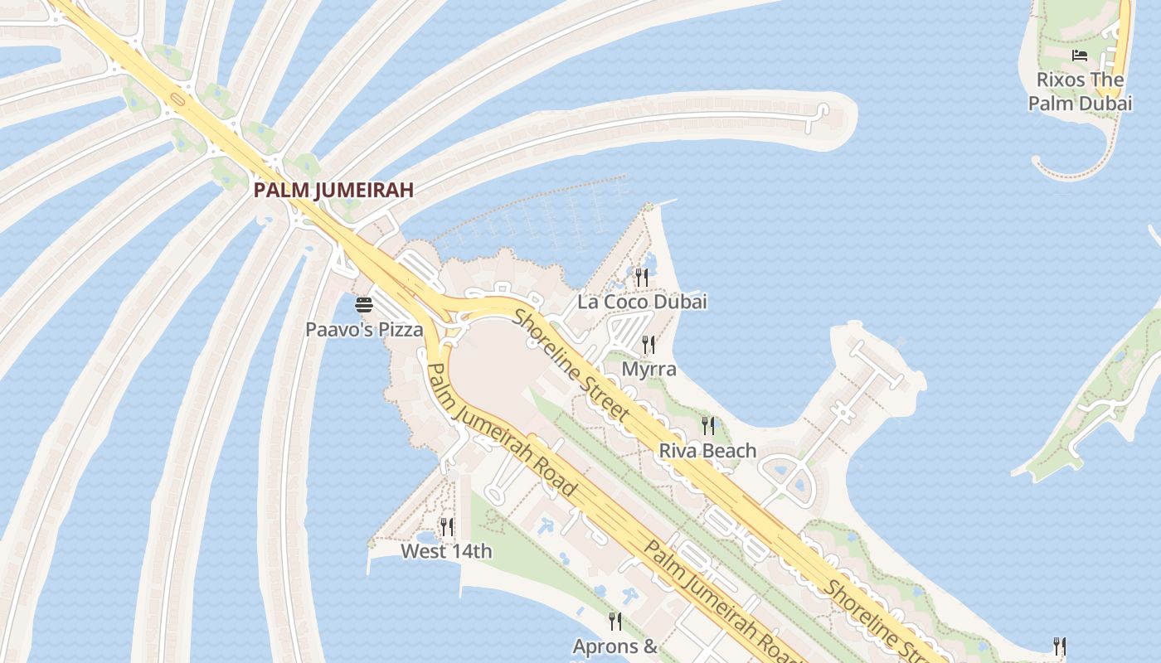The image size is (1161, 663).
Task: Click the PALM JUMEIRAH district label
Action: point(333,190)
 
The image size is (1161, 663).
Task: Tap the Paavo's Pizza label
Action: point(364,329)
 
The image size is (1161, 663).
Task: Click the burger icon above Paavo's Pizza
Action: point(364,305)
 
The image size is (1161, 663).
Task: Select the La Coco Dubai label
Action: point(642,302)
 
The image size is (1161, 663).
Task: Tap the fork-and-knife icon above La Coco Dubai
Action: point(641,276)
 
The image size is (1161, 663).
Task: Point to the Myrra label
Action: point(649,369)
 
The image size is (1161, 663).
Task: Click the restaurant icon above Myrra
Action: point(649,344)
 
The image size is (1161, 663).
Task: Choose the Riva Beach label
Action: point(707,451)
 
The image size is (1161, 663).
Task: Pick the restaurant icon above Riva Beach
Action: point(708,426)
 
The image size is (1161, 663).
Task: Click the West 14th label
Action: point(446,551)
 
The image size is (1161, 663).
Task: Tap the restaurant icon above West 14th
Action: point(447,526)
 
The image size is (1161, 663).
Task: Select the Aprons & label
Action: point(615,646)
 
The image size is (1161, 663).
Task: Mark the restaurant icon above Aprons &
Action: point(615,621)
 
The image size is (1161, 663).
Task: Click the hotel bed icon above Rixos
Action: point(1080,56)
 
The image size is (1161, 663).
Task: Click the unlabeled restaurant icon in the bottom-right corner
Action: point(1059,646)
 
